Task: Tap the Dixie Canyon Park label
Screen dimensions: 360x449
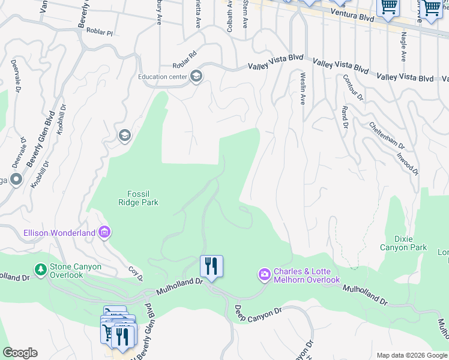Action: tap(403, 243)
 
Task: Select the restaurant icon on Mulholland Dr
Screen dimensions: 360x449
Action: tap(211, 266)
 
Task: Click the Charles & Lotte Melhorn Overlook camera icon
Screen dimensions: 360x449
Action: tap(265, 275)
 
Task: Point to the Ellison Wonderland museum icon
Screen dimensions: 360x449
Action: tap(104, 232)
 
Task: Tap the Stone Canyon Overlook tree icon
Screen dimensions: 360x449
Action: tap(40, 270)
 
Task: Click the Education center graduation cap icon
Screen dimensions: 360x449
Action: tap(196, 76)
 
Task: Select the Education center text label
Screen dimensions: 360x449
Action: tap(162, 77)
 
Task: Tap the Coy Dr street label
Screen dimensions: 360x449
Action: tap(136, 275)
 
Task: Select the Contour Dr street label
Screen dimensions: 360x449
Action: tap(353, 88)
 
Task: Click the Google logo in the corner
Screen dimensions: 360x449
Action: tap(20, 353)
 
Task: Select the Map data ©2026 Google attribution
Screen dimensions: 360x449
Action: tap(412, 355)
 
